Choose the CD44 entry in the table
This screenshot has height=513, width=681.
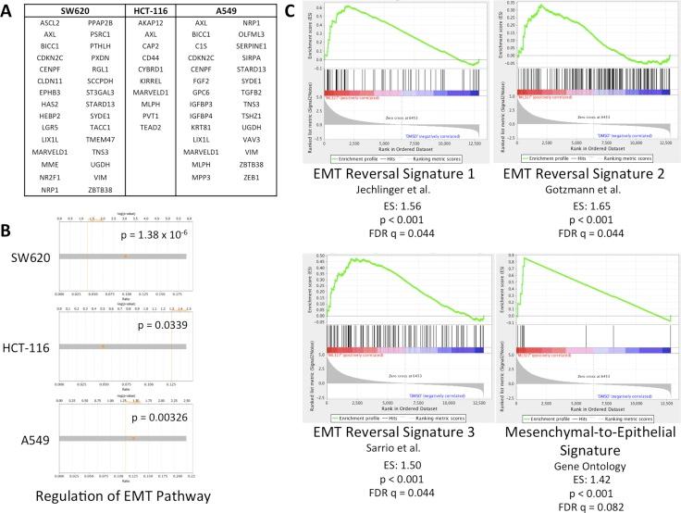point(144,60)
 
